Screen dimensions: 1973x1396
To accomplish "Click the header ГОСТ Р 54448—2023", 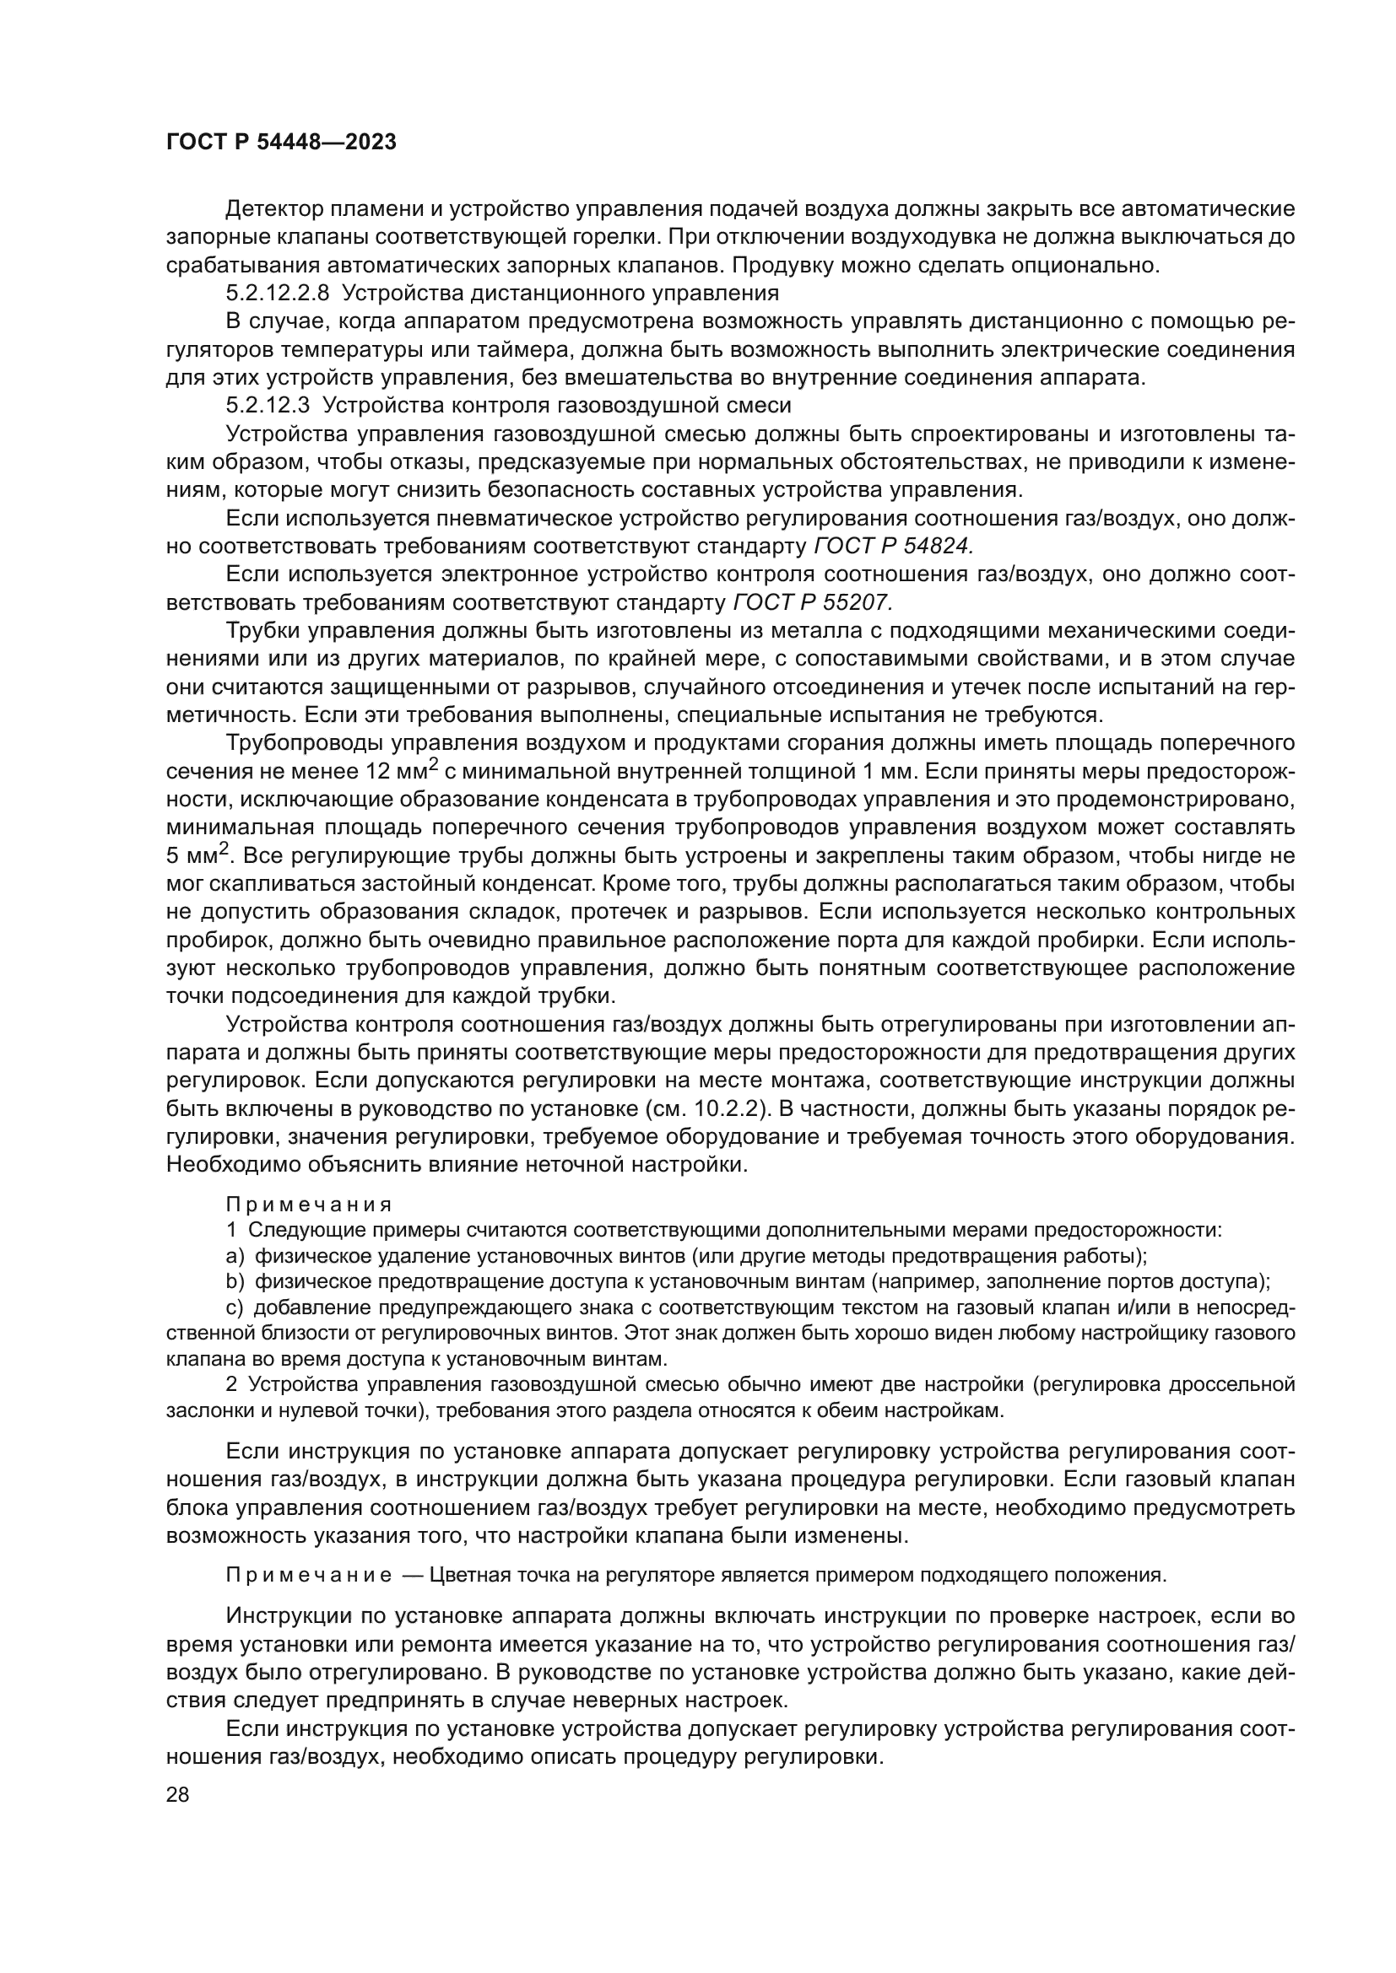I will [281, 143].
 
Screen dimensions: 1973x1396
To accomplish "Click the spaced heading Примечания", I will [309, 1205].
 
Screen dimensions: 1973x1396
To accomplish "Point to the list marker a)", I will [235, 1256].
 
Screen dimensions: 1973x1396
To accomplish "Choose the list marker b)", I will [235, 1282].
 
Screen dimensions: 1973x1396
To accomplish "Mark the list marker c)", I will [235, 1308].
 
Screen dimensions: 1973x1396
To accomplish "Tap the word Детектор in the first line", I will [274, 209].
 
